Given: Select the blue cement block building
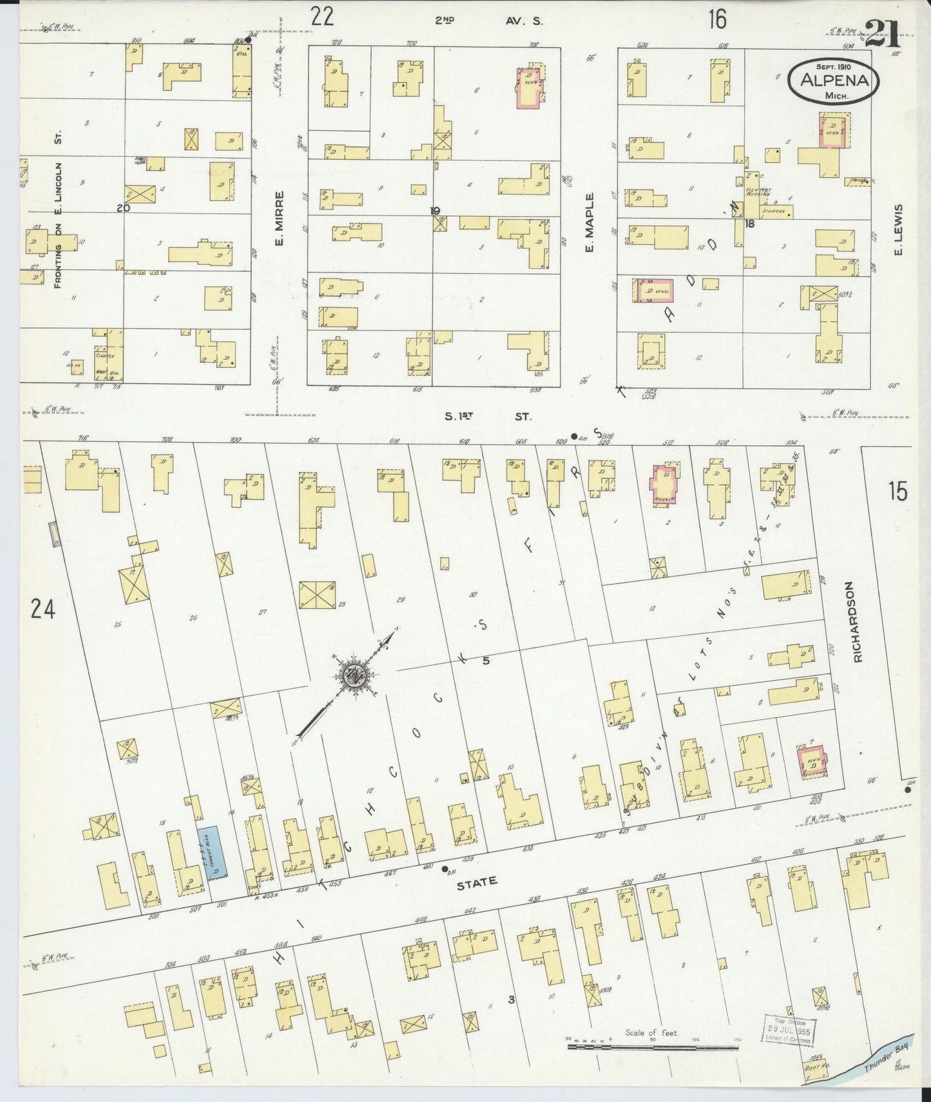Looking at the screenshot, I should pos(213,853).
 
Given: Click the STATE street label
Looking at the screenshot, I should pos(477,882).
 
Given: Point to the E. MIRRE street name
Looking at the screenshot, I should pos(280,220).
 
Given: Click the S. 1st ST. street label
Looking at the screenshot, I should pos(488,416).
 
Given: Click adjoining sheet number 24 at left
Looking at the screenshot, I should pos(43,608).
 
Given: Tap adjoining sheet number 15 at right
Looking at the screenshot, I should pos(897,492).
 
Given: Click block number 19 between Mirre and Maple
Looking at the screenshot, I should pos(435,210).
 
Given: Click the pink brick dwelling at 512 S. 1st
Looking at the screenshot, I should pos(665,485).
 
